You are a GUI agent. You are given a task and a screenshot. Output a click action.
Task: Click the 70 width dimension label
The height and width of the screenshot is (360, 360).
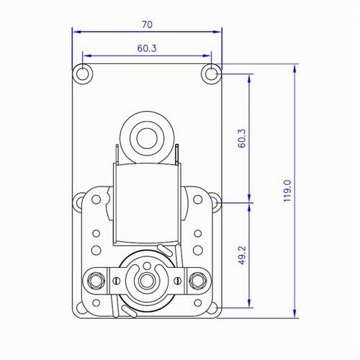(x=147, y=24)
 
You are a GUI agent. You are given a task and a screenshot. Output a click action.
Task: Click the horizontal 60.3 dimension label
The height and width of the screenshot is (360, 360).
(x=147, y=48)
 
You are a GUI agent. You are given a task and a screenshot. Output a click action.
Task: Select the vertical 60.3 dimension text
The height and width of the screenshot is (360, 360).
(x=242, y=138)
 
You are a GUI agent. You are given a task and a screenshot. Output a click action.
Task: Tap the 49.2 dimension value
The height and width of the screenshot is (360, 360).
(x=242, y=255)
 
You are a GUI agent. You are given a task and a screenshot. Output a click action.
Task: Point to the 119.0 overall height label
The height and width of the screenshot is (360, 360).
(x=287, y=191)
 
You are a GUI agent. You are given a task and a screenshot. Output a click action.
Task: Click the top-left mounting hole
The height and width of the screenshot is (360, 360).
(x=82, y=74)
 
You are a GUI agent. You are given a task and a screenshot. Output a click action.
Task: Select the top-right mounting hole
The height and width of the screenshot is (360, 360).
(x=211, y=74)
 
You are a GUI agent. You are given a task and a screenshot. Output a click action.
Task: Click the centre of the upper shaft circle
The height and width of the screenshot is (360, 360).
(x=147, y=138)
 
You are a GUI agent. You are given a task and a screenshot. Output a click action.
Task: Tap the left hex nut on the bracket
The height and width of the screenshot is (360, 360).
(x=96, y=281)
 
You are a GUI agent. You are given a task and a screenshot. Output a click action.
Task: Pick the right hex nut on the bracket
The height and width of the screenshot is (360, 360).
(x=197, y=281)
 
